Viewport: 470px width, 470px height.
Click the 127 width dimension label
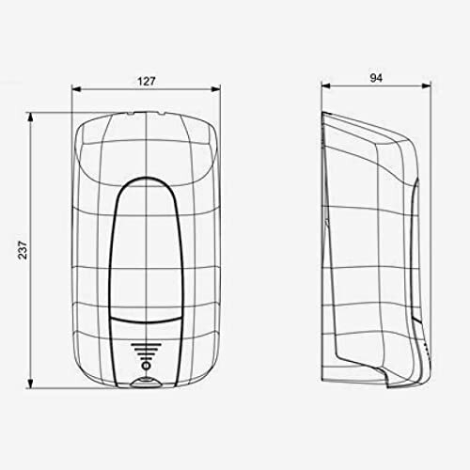pos(147,82)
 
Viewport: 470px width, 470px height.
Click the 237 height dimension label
pos(23,250)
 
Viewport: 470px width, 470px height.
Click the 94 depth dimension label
pos(376,78)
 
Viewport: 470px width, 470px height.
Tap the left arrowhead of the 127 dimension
pos(76,89)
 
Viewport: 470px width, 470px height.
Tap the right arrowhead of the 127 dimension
pos(216,89)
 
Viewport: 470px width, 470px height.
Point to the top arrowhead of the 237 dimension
pos(30,117)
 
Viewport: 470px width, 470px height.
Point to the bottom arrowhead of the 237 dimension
pos(30,384)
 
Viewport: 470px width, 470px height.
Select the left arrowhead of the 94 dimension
pos(326,86)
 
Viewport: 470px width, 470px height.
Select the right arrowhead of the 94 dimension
pos(427,86)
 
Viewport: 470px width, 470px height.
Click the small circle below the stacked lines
pos(146,366)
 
